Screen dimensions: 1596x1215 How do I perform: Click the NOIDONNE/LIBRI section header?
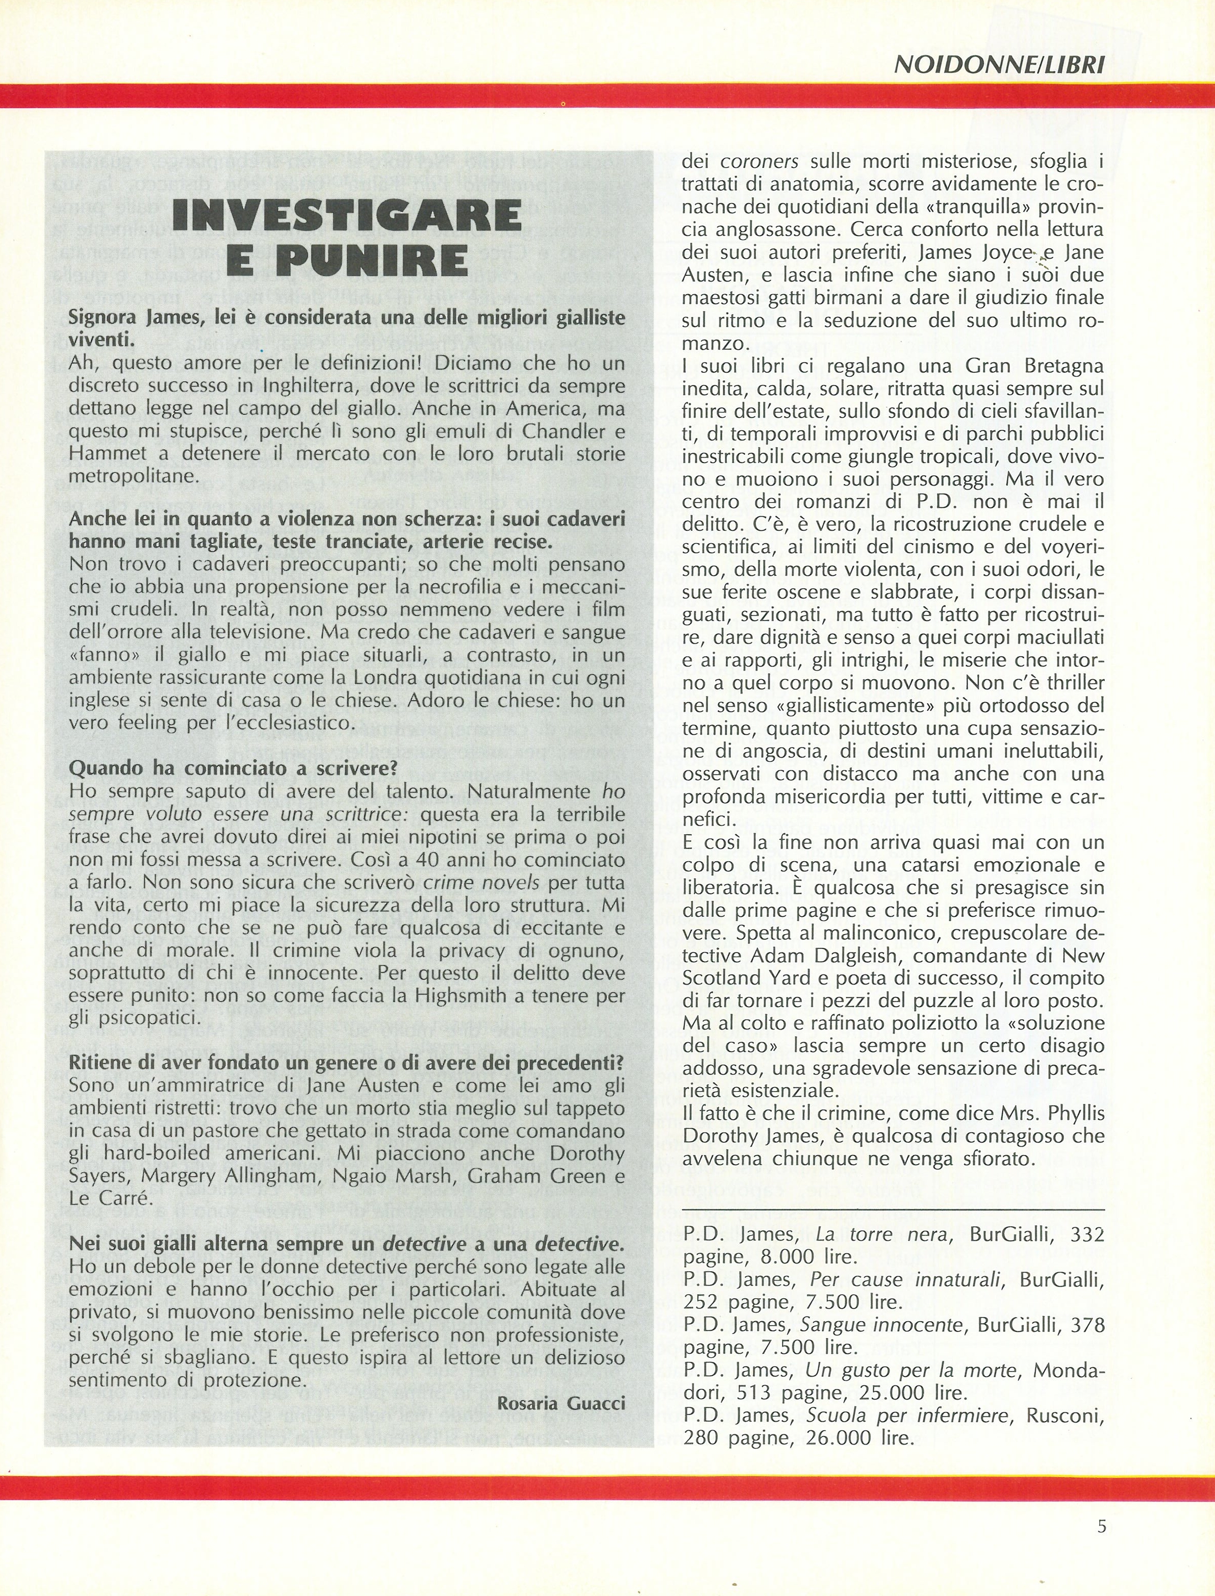(999, 65)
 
